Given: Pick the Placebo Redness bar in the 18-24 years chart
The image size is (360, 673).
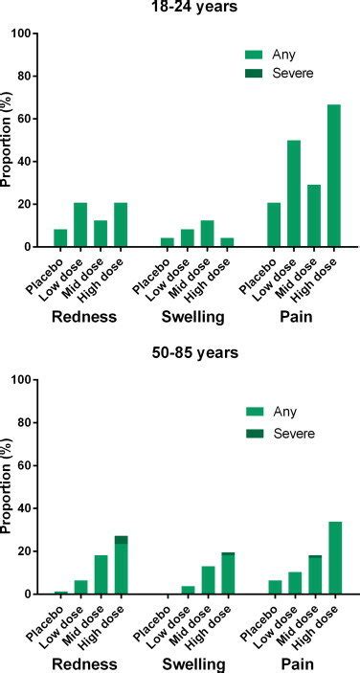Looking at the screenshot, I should click(61, 237).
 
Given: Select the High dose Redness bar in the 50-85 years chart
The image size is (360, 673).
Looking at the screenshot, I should click(120, 566).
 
